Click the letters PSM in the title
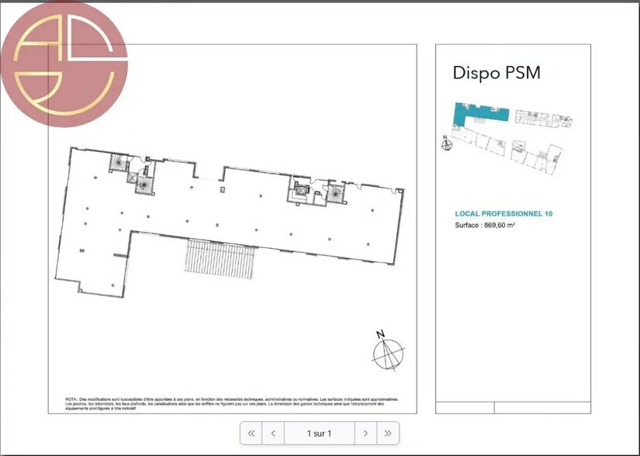tap(521, 74)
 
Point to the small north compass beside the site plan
tap(445, 143)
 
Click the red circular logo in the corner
tap(64, 64)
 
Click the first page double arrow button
tap(251, 433)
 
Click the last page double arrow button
tap(388, 433)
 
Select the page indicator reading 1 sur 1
tap(319, 433)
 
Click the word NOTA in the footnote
tap(72, 399)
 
